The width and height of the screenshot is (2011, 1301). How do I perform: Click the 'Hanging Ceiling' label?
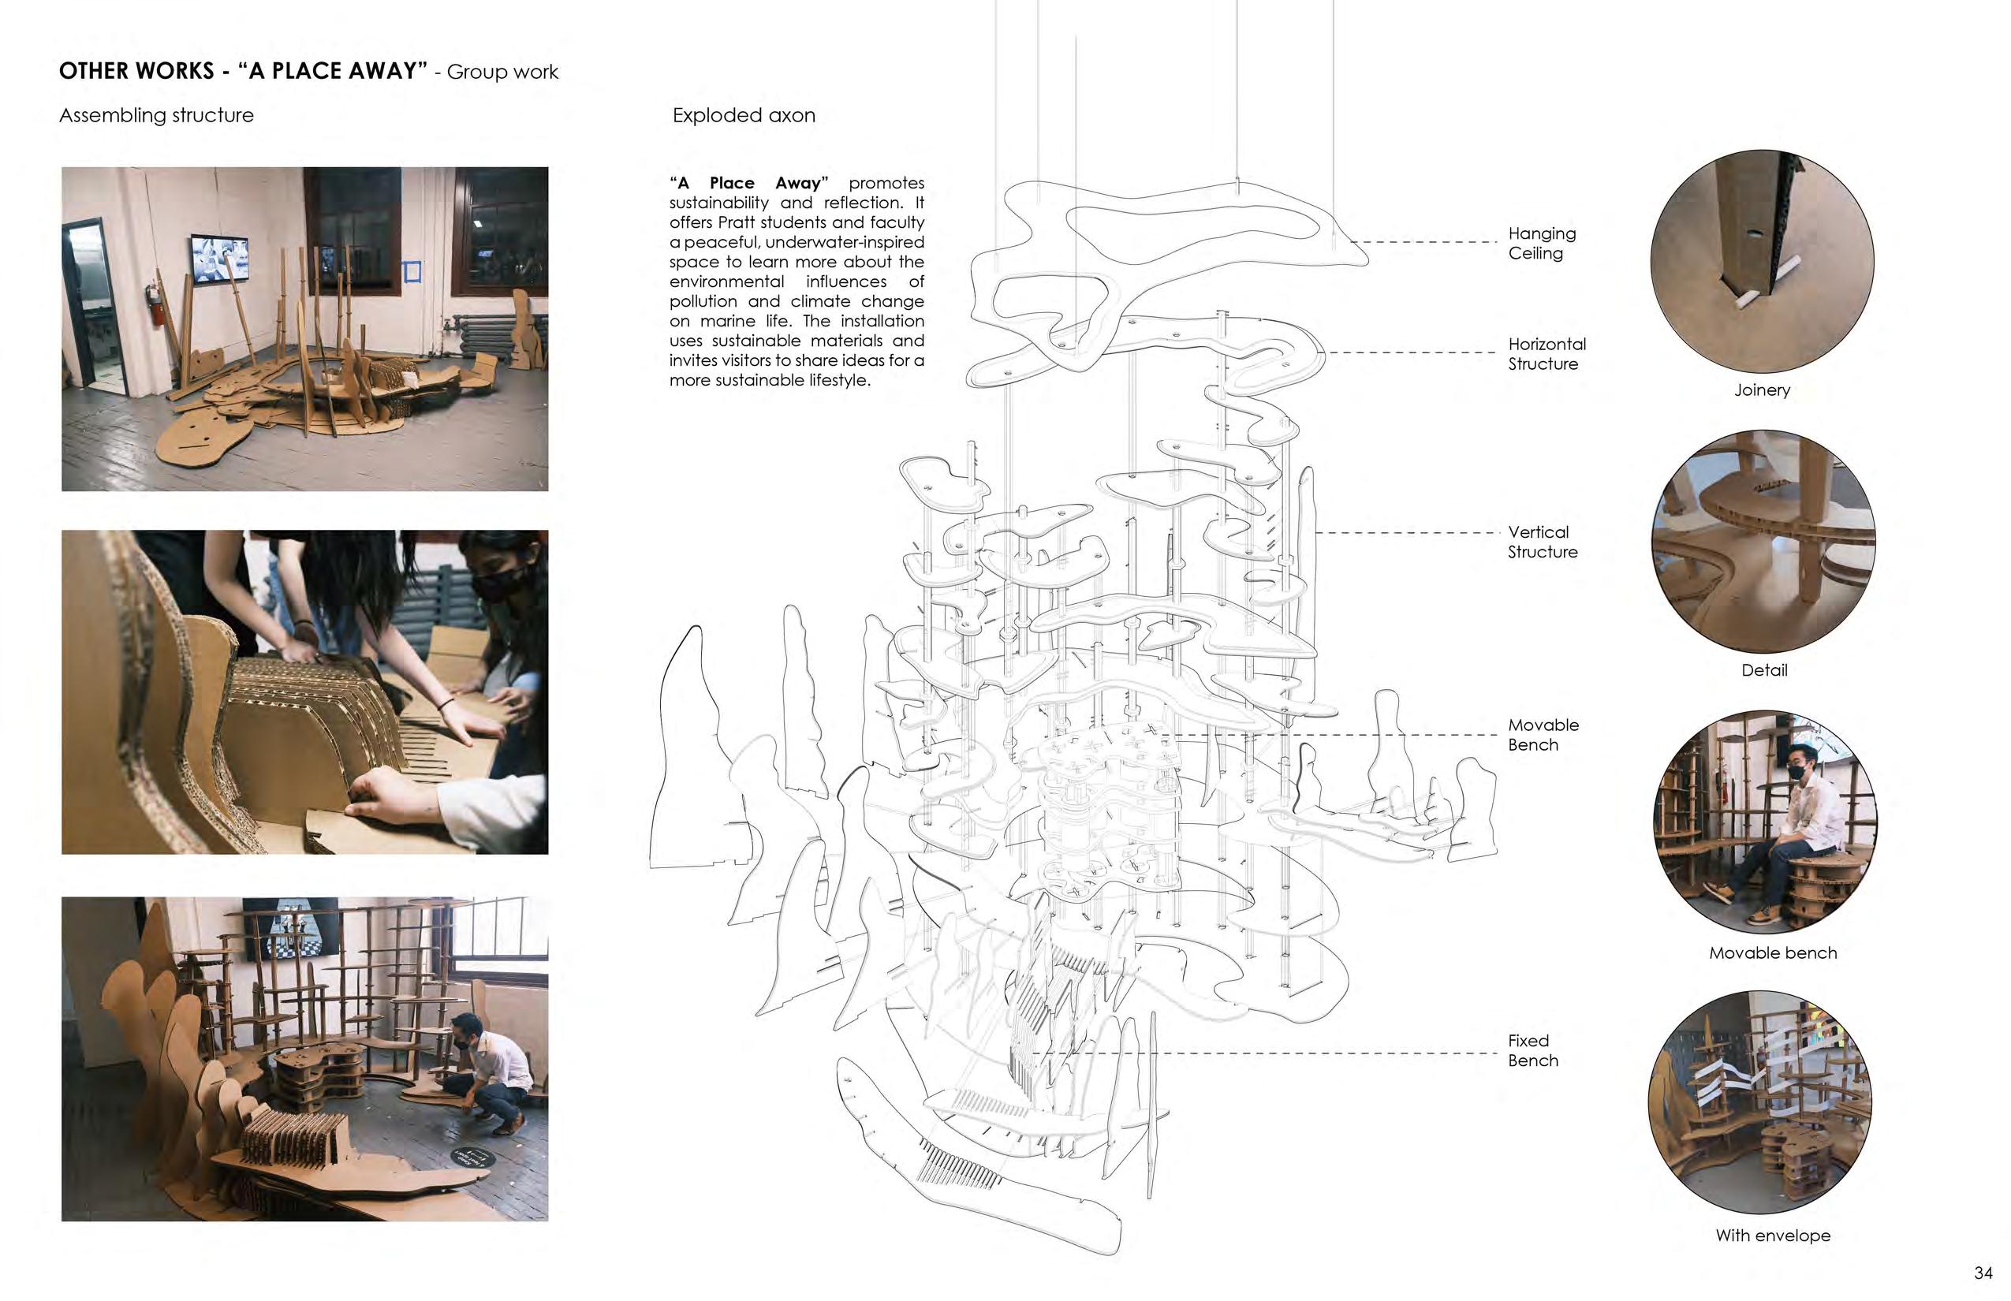[1541, 244]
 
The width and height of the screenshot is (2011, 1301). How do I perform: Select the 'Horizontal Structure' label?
[1546, 354]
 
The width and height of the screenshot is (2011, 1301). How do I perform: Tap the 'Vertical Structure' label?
[1542, 542]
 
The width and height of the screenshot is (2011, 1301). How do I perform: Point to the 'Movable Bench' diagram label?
[1543, 735]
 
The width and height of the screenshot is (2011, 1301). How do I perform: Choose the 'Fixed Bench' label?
[1533, 1050]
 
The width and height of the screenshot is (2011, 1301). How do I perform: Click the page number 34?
[1983, 1273]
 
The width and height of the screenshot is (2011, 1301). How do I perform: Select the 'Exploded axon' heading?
[744, 116]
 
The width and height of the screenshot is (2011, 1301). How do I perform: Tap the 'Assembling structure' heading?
[156, 116]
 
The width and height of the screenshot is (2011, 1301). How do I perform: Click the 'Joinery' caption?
[1762, 390]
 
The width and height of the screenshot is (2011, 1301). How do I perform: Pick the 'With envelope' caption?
[1773, 1235]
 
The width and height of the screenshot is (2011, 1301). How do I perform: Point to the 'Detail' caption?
[1764, 670]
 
